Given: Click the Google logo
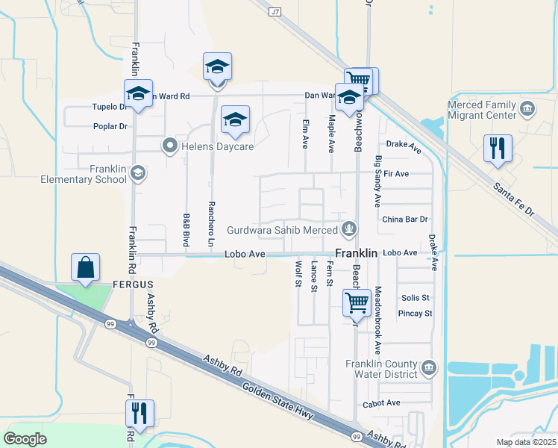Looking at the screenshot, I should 25,439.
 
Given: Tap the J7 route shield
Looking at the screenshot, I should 276,12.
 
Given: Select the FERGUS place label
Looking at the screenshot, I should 132,284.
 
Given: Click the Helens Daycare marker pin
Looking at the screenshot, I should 170,146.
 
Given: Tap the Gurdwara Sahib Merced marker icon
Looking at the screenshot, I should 348,229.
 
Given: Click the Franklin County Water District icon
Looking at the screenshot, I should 428,367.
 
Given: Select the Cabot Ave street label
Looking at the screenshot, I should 383,403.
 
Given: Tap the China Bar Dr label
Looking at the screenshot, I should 404,220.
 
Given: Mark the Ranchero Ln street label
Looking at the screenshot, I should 210,232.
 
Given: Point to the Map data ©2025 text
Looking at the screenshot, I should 525,442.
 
